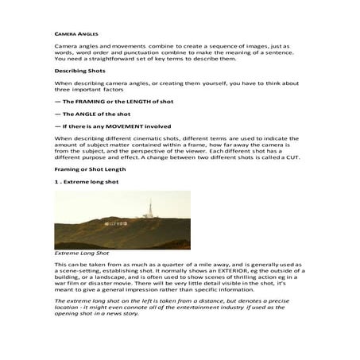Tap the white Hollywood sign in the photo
tap(122, 225)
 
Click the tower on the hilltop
tap(149, 209)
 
